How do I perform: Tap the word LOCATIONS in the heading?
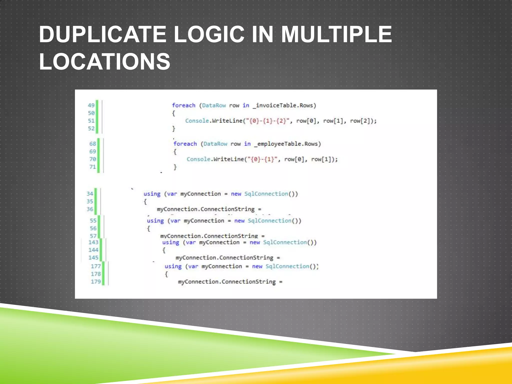click(x=104, y=61)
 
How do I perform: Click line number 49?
click(x=91, y=105)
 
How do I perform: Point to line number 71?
click(x=92, y=167)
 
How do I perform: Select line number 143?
click(x=93, y=242)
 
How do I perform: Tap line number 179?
click(x=96, y=282)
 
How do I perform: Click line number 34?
click(x=90, y=194)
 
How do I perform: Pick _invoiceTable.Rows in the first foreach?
click(x=284, y=105)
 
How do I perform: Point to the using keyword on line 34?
click(x=152, y=194)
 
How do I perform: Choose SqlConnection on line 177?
click(x=287, y=266)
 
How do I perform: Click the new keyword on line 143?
click(x=254, y=242)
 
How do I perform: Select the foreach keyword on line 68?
click(x=185, y=144)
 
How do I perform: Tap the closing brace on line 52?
click(x=174, y=128)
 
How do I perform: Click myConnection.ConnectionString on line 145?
click(x=224, y=258)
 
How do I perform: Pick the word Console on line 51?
click(x=197, y=121)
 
